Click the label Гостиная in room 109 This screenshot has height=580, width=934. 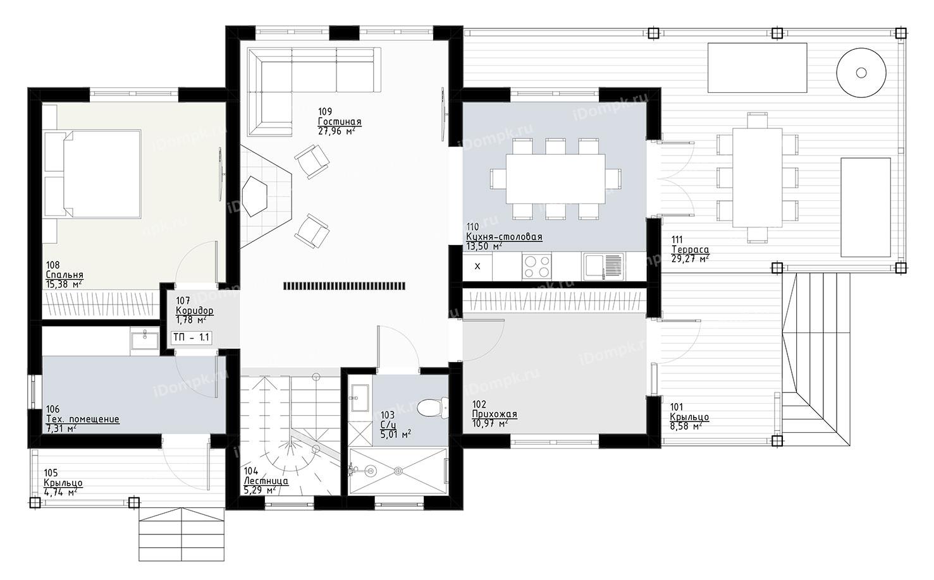pyautogui.click(x=340, y=122)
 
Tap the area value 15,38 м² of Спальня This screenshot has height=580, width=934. pyautogui.click(x=63, y=284)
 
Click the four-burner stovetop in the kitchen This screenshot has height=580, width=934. pyautogui.click(x=537, y=266)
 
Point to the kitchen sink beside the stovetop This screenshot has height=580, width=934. pyautogui.click(x=603, y=266)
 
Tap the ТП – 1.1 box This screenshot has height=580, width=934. pyautogui.click(x=192, y=337)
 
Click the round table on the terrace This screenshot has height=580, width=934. pyautogui.click(x=861, y=73)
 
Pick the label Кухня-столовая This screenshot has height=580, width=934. pyautogui.click(x=504, y=237)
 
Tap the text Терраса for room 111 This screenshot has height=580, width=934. pyautogui.click(x=690, y=250)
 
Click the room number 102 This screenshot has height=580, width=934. pyautogui.click(x=479, y=404)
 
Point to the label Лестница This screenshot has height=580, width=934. pyautogui.click(x=266, y=481)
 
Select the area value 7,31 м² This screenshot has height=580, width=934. pyautogui.click(x=61, y=428)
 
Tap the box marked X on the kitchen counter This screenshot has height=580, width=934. pyautogui.click(x=477, y=266)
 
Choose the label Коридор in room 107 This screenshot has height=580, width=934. pyautogui.click(x=194, y=311)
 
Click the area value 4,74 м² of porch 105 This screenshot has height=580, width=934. pyautogui.click(x=61, y=493)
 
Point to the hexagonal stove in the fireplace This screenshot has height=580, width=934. pyautogui.click(x=255, y=196)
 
